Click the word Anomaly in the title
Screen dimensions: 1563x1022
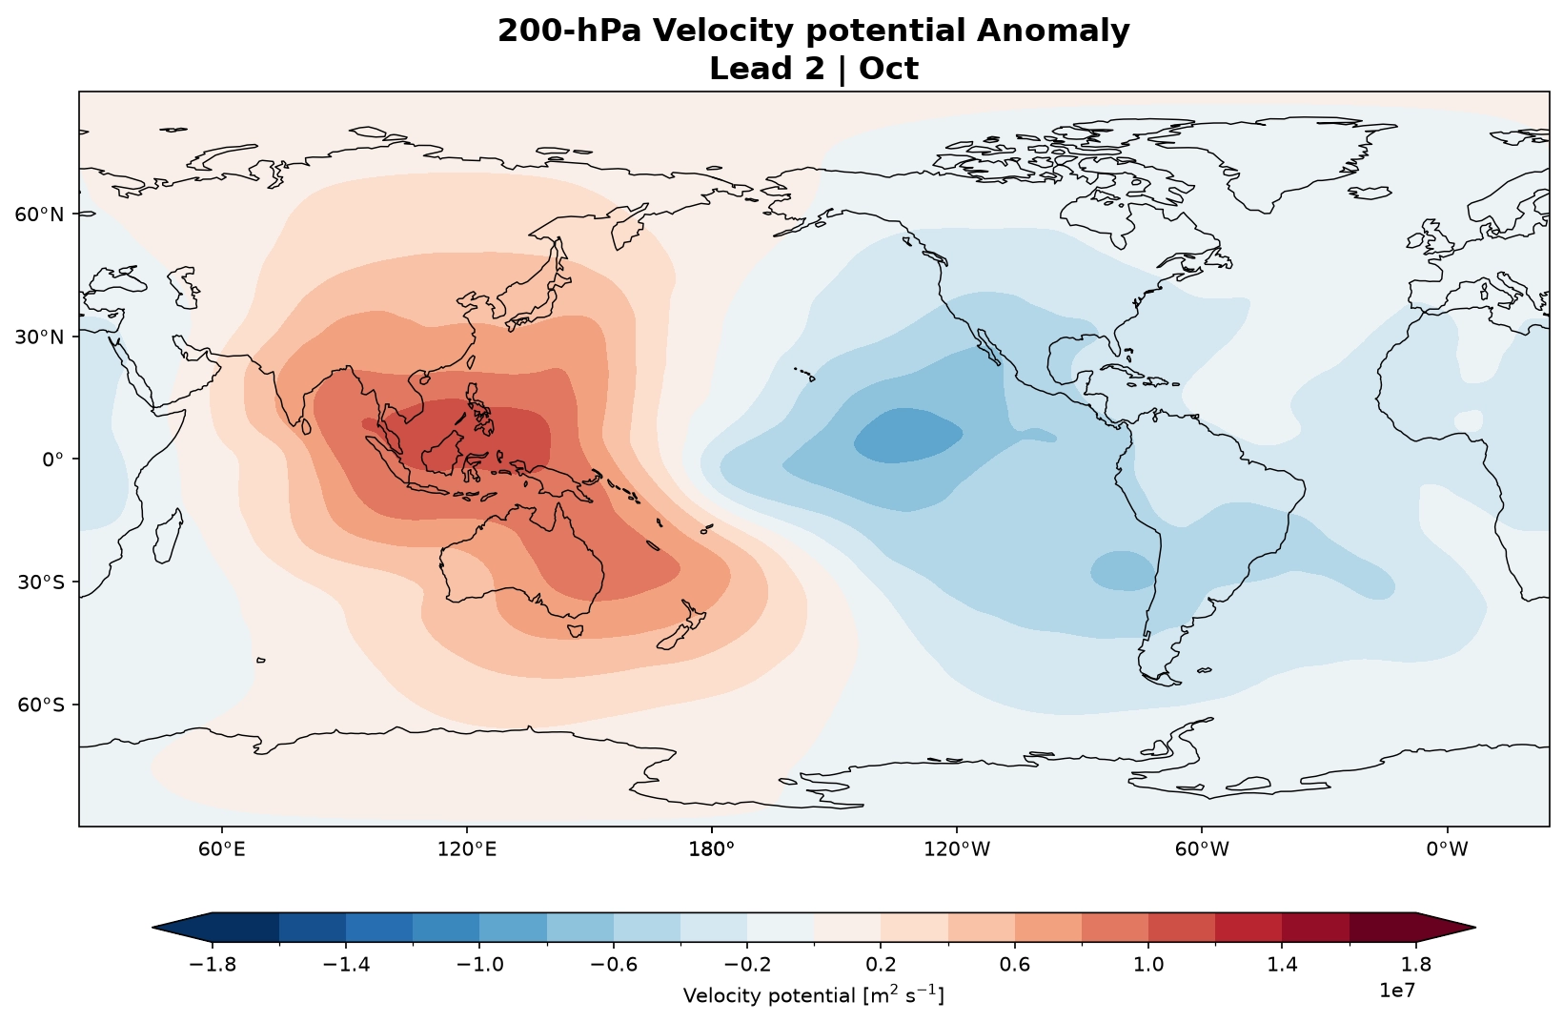(1053, 31)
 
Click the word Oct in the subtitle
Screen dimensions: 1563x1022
(888, 69)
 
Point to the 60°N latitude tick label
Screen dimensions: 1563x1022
(39, 215)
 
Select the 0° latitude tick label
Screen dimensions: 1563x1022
(53, 460)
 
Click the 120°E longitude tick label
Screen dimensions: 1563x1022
(467, 848)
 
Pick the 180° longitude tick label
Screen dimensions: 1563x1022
(712, 848)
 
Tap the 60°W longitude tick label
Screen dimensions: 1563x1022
(1202, 848)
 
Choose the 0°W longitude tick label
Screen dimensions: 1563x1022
(1447, 848)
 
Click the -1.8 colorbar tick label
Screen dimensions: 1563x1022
(213, 965)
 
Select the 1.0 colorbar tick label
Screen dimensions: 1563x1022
(1148, 965)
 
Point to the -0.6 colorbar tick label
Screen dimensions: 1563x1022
(614, 965)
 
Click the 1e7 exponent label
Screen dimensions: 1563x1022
(1397, 990)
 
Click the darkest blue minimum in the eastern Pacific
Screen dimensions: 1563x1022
(908, 435)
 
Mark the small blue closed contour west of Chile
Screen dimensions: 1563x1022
(1122, 571)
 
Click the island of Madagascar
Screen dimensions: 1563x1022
(168, 536)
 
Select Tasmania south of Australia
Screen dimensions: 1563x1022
(575, 630)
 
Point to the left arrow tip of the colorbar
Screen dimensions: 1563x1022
(152, 928)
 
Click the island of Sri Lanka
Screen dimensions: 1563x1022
(306, 426)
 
